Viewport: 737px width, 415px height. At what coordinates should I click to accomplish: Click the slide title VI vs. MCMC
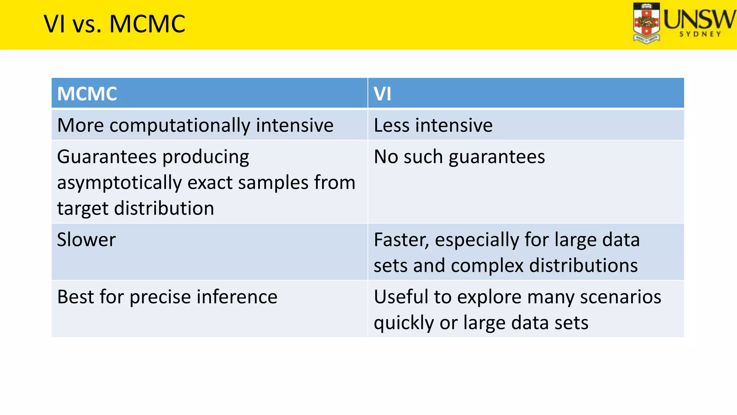114,24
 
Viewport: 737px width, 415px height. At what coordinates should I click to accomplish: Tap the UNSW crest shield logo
647,23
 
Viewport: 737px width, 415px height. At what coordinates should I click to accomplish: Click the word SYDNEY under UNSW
700,34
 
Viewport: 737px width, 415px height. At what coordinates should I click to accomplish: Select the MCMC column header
87,94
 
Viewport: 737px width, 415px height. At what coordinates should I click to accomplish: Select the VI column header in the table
382,94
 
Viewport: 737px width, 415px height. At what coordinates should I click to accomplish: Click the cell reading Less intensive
433,125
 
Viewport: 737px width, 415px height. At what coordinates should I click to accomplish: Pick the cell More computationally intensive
195,125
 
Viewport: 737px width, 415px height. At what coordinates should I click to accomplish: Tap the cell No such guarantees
459,157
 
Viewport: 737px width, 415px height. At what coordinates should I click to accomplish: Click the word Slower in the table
86,240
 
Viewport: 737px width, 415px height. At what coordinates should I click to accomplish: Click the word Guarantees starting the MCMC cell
107,157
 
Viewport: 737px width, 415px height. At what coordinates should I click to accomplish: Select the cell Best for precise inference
167,297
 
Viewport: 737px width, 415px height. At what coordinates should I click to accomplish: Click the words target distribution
135,209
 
